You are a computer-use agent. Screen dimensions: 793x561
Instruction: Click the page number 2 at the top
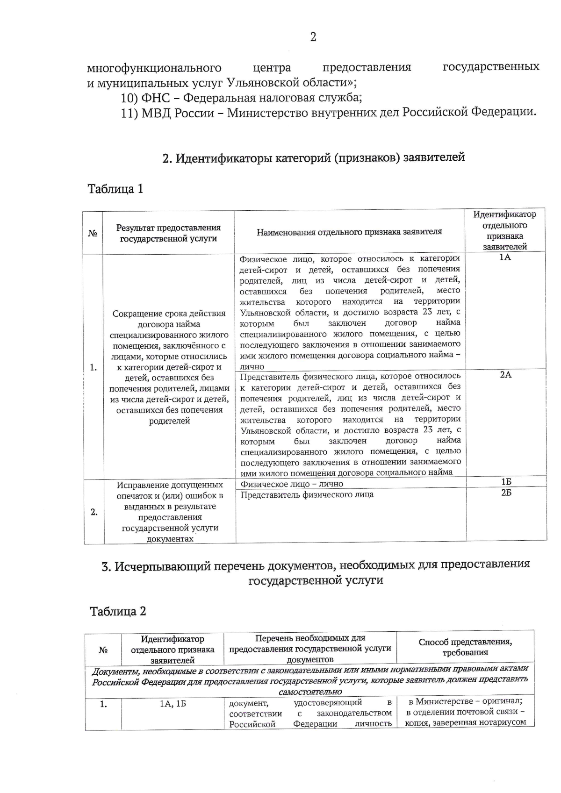pyautogui.click(x=313, y=37)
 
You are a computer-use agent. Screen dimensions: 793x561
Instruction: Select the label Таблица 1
pyautogui.click(x=115, y=189)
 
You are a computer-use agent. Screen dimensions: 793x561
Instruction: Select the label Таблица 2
pyautogui.click(x=118, y=611)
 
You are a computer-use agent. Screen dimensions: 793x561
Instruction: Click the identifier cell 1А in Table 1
pyautogui.click(x=505, y=257)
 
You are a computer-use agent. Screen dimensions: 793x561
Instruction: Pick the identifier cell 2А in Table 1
pyautogui.click(x=505, y=375)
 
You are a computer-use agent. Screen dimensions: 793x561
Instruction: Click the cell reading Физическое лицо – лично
pyautogui.click(x=292, y=484)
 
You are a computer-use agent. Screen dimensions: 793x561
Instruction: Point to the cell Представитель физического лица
pyautogui.click(x=307, y=494)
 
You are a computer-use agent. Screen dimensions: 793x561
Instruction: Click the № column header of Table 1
pyautogui.click(x=93, y=233)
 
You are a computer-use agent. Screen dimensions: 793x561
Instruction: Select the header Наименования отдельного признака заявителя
pyautogui.click(x=349, y=232)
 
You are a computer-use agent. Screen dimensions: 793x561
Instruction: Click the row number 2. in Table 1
pyautogui.click(x=94, y=512)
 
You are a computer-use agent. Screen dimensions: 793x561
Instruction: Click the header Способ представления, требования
pyautogui.click(x=465, y=647)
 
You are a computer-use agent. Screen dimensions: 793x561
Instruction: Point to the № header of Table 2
pyautogui.click(x=103, y=650)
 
